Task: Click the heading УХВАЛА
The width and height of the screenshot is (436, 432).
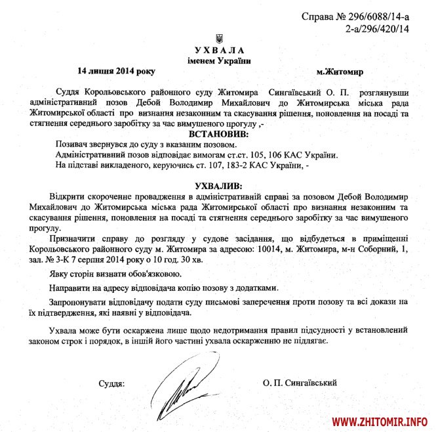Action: point(219,51)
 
